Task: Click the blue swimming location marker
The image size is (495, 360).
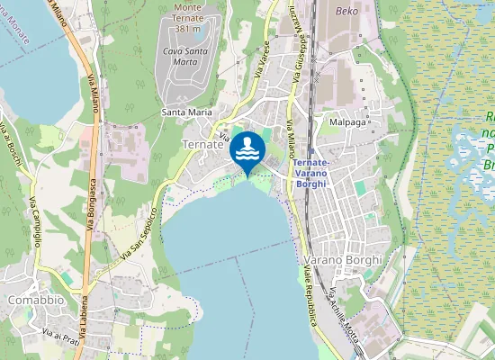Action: coord(247,150)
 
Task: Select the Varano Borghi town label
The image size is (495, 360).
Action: coord(351,259)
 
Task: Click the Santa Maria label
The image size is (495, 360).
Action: coord(186,112)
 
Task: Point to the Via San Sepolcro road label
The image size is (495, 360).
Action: coord(136,233)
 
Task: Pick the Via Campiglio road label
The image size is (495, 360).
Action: coord(36,220)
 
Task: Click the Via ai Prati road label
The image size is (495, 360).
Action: coord(61,333)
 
